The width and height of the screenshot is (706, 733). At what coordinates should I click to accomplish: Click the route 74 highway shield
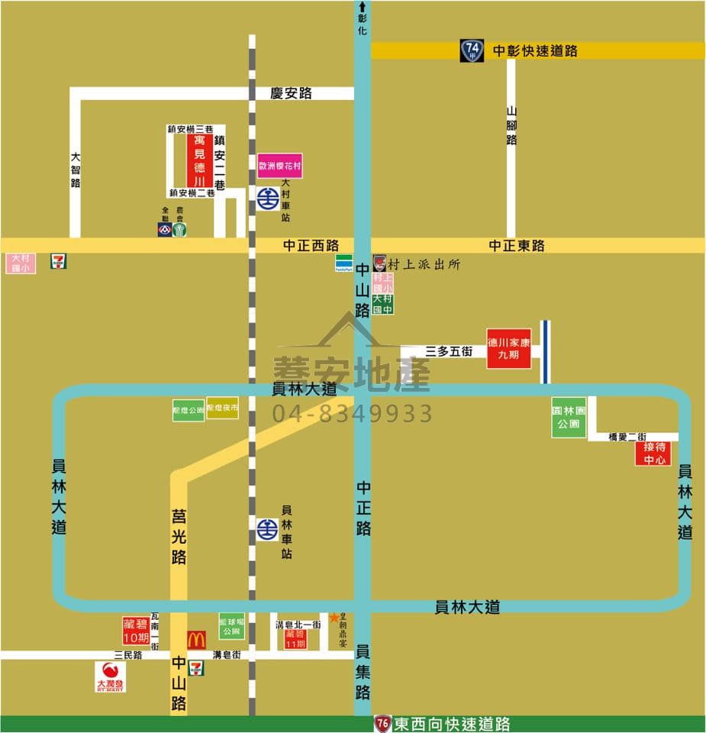pyautogui.click(x=472, y=50)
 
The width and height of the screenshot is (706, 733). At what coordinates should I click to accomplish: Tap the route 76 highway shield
pyautogui.click(x=383, y=723)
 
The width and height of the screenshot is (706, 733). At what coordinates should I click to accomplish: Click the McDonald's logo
pyautogui.click(x=196, y=640)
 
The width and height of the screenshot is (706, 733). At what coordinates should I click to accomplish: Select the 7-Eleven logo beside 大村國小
pyautogui.click(x=58, y=261)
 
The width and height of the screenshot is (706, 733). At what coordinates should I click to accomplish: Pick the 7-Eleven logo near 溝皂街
pyautogui.click(x=197, y=667)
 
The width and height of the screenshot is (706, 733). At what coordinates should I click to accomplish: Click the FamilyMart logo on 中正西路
pyautogui.click(x=343, y=263)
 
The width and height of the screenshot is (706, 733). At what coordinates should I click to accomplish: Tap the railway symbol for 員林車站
pyautogui.click(x=267, y=528)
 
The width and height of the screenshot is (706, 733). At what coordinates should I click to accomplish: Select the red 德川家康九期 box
pyautogui.click(x=509, y=348)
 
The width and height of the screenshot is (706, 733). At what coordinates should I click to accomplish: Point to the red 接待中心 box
pyautogui.click(x=654, y=453)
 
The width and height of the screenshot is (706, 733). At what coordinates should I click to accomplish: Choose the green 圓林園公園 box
pyautogui.click(x=569, y=417)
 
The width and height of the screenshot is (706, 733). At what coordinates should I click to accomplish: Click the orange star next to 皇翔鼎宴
pyautogui.click(x=334, y=617)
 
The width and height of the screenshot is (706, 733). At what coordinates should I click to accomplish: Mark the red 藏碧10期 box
pyautogui.click(x=137, y=631)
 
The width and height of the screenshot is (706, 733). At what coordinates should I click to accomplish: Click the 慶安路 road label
pyautogui.click(x=292, y=93)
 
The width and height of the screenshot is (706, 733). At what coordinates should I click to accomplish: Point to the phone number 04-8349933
pyautogui.click(x=353, y=414)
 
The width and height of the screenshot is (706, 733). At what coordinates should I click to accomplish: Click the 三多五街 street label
pyautogui.click(x=449, y=351)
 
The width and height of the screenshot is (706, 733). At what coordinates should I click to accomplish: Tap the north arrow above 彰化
pyautogui.click(x=362, y=8)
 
